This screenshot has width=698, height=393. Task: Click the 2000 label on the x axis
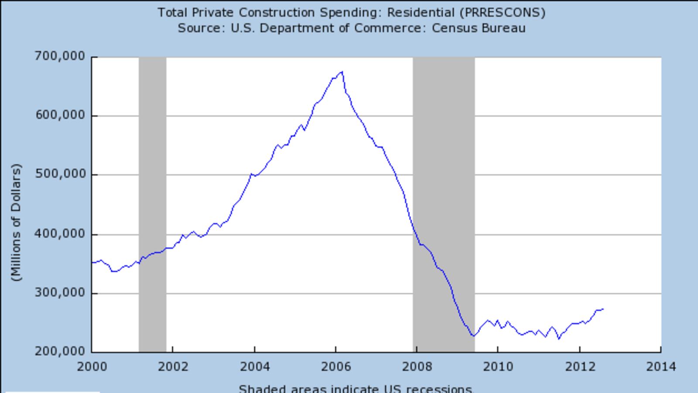[x=92, y=366]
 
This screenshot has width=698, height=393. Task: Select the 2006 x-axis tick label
[x=335, y=366]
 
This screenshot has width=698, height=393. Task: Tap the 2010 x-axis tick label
[x=498, y=366]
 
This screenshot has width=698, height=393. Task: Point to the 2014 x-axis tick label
[x=660, y=366]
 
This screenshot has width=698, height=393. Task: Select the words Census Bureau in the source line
[x=479, y=28]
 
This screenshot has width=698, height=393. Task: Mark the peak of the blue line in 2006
[x=342, y=72]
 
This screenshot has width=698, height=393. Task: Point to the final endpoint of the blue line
[x=603, y=309]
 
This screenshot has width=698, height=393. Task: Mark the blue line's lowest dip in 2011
[x=559, y=338]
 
